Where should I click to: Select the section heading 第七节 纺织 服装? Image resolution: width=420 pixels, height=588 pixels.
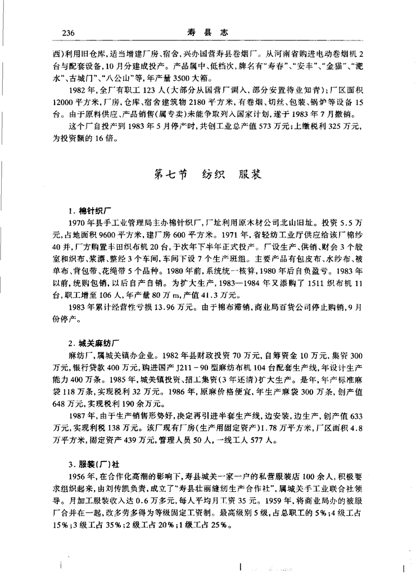coord(210,175)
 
